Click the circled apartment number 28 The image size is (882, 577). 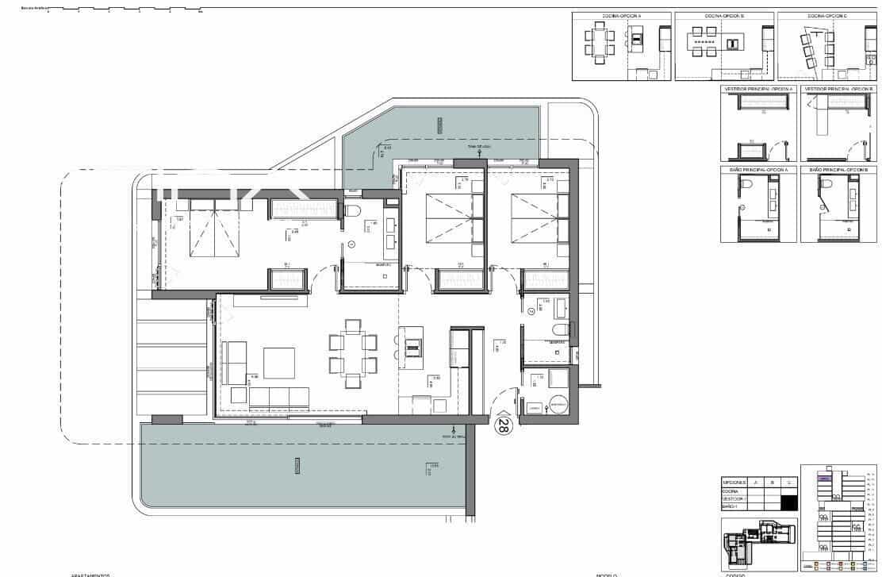(x=502, y=425)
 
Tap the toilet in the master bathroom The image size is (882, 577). (x=354, y=210)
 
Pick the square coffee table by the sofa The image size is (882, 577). (x=279, y=363)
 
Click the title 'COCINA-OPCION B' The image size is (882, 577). (x=724, y=16)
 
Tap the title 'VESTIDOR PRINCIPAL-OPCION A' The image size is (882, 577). (x=758, y=89)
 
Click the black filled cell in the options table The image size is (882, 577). (x=788, y=502)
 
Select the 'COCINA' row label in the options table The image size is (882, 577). (x=731, y=491)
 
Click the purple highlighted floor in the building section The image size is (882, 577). (x=825, y=479)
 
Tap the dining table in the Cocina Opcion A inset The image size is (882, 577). (x=599, y=43)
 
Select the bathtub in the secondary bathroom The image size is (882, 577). (x=550, y=305)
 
